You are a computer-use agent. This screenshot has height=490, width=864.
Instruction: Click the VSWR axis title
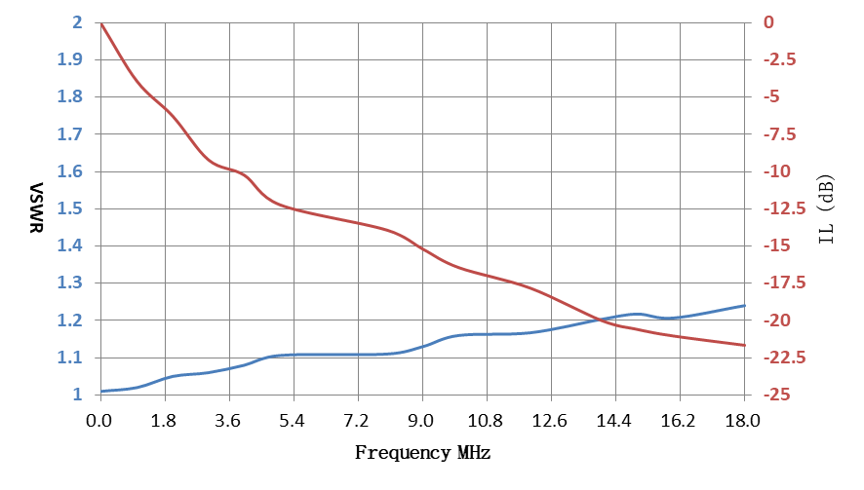(x=36, y=208)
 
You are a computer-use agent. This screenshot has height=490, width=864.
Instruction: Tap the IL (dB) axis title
(x=826, y=209)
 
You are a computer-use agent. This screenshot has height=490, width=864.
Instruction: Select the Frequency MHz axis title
(x=422, y=453)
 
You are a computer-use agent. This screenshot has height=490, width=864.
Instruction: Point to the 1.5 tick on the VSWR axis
(x=70, y=208)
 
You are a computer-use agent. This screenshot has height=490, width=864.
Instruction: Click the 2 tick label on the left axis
(x=77, y=22)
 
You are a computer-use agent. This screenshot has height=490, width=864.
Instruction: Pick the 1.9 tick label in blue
(x=70, y=59)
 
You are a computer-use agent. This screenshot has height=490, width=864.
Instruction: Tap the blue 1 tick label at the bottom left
(x=77, y=395)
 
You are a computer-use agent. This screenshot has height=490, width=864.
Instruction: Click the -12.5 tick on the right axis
(x=784, y=208)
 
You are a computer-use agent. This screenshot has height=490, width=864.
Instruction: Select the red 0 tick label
(x=768, y=22)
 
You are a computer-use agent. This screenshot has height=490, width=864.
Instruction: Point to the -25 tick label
(x=777, y=395)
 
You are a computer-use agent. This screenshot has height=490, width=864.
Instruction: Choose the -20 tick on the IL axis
(x=777, y=320)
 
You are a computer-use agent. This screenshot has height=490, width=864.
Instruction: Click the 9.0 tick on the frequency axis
(x=420, y=421)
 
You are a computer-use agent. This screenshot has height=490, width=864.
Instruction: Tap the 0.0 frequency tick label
(x=98, y=421)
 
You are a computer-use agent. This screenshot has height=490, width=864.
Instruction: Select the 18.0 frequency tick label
(x=743, y=421)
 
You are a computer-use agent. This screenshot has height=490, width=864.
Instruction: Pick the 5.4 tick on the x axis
(x=292, y=421)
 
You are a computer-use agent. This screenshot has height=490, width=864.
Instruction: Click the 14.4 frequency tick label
(x=613, y=421)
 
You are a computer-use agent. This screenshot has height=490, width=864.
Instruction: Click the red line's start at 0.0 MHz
(x=101, y=23)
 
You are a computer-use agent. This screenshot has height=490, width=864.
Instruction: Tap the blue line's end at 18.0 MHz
(x=744, y=306)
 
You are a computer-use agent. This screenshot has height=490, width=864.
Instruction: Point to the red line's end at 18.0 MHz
(x=744, y=345)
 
